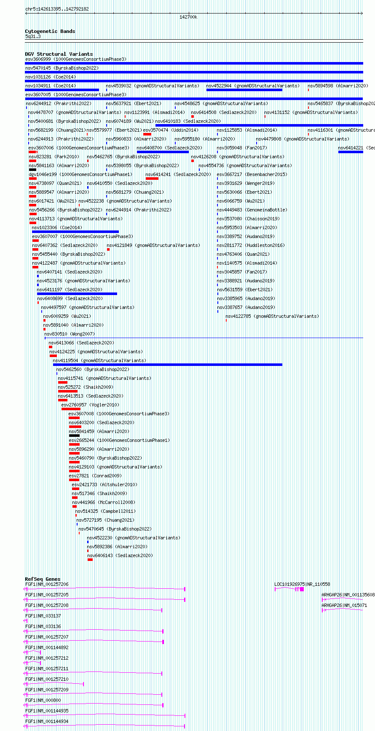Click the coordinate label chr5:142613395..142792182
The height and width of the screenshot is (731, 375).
click(x=57, y=9)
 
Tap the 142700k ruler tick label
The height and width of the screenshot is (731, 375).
click(x=188, y=17)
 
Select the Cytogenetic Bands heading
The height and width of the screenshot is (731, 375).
click(x=50, y=31)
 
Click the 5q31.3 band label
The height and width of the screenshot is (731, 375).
click(x=33, y=37)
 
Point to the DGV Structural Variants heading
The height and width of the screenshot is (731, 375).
click(x=59, y=54)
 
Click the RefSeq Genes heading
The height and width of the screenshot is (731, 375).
click(x=43, y=579)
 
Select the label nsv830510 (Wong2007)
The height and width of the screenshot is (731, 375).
click(x=70, y=334)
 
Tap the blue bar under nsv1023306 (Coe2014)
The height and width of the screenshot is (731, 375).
click(x=75, y=232)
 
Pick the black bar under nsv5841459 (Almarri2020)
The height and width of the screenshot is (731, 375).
click(x=74, y=436)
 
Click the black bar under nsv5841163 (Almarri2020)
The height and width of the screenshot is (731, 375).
click(x=32, y=170)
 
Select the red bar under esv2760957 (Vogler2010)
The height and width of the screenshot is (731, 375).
click(x=71, y=409)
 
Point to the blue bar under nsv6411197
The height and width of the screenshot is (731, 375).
click(x=77, y=294)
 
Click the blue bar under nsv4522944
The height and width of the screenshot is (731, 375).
click(x=244, y=90)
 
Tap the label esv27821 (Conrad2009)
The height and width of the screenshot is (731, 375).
click(x=95, y=476)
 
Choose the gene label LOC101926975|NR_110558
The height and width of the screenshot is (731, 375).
click(x=302, y=585)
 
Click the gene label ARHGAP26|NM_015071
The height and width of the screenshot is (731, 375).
click(x=344, y=605)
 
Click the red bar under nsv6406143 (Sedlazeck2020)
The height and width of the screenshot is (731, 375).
click(x=90, y=560)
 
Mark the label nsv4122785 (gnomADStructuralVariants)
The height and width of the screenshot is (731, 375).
click(x=272, y=316)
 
